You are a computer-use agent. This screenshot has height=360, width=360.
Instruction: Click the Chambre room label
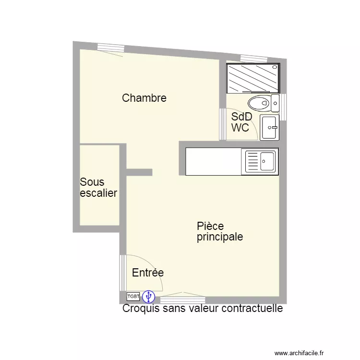144,98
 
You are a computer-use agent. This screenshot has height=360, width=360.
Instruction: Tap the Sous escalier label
98,187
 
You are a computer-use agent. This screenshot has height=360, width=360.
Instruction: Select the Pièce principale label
220,231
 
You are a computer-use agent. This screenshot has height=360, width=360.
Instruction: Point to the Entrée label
148,273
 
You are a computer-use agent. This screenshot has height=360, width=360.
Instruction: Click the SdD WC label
241,122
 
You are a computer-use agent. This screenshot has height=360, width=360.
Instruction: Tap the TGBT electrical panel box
133,297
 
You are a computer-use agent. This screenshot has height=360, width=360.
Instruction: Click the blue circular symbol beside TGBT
148,297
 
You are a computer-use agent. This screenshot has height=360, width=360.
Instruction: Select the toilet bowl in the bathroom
259,104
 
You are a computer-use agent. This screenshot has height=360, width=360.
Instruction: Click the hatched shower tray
253,78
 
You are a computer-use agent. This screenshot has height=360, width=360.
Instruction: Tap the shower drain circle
275,67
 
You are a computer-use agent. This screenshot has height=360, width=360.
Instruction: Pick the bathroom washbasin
269,127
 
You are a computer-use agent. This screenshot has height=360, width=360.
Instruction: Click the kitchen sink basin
267,161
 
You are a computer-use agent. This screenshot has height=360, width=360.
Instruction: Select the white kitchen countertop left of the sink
213,161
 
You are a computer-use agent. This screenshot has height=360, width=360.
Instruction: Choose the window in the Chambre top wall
111,48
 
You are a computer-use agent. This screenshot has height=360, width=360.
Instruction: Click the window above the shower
254,59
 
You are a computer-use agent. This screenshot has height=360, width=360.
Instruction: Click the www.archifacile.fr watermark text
299,353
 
